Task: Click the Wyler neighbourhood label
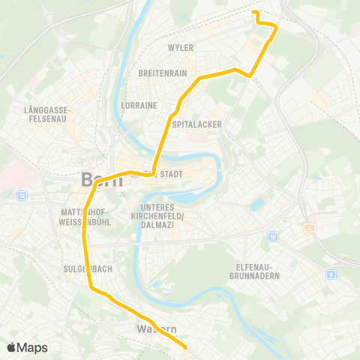[x=181, y=48]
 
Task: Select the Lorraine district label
[x=139, y=106]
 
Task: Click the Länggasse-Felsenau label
[x=48, y=113]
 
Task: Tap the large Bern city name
[x=97, y=180]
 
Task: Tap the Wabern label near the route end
[x=157, y=329]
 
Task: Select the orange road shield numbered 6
[x=307, y=227]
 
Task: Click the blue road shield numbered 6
[x=331, y=275]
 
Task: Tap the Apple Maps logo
[x=27, y=347]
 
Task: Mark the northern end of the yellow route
[x=253, y=13]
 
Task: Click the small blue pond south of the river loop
[x=257, y=204]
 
